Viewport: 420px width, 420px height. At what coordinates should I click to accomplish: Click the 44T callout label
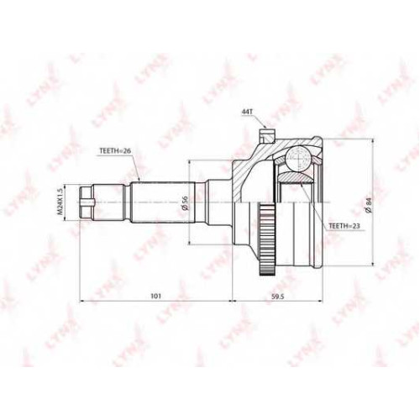(247, 112)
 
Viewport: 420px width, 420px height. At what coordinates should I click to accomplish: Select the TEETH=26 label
(115, 150)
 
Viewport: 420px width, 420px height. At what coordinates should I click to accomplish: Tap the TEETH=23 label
(344, 226)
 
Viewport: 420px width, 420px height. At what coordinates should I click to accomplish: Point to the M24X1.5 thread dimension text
(60, 202)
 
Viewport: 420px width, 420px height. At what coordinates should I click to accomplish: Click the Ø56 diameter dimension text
(184, 202)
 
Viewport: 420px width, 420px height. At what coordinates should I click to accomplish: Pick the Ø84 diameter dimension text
(369, 206)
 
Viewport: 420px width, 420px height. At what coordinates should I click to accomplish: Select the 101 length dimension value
(155, 296)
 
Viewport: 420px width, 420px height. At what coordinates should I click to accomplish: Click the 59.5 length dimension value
(278, 296)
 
